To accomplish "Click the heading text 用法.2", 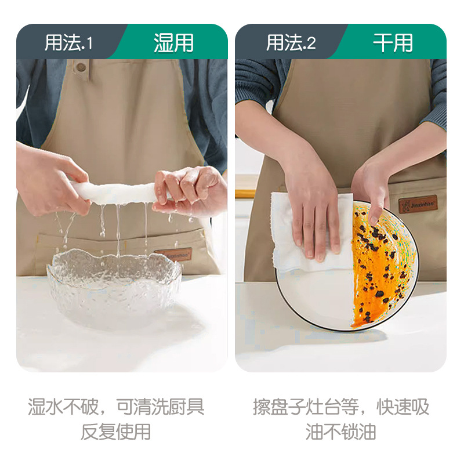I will (x=291, y=43).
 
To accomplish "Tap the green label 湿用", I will (x=173, y=43).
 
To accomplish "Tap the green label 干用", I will (x=393, y=43).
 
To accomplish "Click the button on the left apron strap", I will (x=81, y=67).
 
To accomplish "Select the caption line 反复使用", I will (x=115, y=432).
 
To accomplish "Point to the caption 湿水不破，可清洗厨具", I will (x=115, y=407).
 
